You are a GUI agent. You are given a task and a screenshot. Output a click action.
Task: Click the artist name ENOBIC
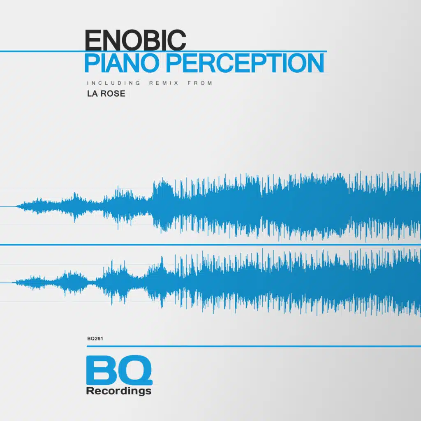click(135, 40)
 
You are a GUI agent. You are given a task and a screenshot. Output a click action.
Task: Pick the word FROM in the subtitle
click(200, 83)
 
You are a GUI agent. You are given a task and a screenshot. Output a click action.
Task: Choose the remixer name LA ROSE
click(106, 94)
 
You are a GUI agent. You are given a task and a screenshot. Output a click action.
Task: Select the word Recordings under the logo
click(119, 391)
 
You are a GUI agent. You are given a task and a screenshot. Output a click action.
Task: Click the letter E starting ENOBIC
click(92, 40)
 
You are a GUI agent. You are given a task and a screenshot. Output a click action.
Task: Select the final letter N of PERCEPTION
click(315, 63)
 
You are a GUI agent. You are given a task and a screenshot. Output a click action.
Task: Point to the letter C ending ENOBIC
click(178, 40)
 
